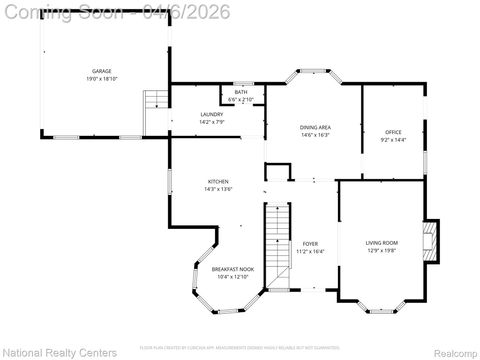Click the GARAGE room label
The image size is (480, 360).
[101, 71]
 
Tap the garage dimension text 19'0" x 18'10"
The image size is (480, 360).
[101, 78]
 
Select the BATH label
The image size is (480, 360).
[240, 92]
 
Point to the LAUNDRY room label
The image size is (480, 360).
[211, 114]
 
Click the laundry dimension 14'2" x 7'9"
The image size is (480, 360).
[211, 121]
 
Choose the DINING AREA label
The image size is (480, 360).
[315, 127]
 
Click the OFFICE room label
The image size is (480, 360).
[393, 132]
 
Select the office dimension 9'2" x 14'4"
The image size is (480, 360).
[393, 139]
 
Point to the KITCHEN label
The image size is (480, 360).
[218, 181]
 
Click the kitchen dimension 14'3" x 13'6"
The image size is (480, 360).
[218, 188]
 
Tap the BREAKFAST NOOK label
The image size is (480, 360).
[232, 269]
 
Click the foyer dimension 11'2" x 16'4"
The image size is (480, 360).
[310, 251]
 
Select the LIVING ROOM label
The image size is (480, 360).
[381, 243]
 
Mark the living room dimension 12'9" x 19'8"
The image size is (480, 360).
[381, 250]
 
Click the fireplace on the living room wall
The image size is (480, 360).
[430, 241]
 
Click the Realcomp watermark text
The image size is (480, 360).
[453, 352]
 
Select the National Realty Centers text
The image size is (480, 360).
[60, 352]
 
